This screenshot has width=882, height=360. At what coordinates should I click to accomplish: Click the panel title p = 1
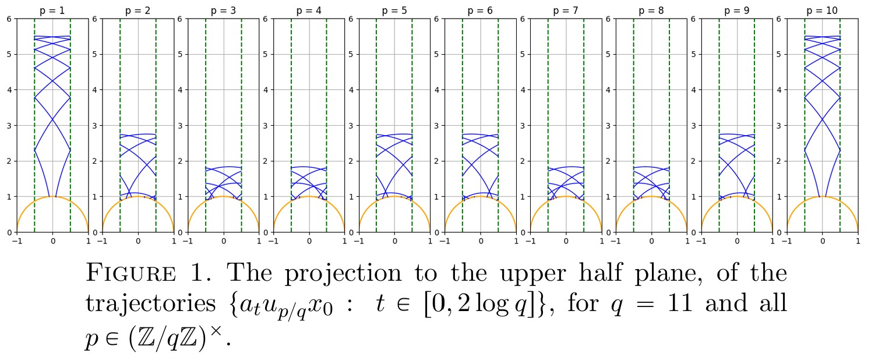point(52,11)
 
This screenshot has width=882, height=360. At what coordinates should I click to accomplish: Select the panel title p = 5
point(394,11)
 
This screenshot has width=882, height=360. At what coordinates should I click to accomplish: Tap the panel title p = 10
point(822,11)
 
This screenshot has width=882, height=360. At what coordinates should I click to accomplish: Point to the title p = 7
point(566,11)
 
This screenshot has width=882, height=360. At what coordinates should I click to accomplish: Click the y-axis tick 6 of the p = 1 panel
point(9,19)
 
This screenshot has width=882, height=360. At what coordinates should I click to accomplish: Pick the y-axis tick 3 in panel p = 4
point(266,125)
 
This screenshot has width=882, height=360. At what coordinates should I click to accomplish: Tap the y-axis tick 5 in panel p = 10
point(779,54)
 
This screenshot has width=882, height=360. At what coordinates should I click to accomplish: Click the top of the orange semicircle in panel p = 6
point(480,196)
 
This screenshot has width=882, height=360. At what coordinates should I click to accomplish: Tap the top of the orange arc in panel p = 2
point(138,196)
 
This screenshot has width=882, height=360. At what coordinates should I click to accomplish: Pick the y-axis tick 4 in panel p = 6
point(437,90)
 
